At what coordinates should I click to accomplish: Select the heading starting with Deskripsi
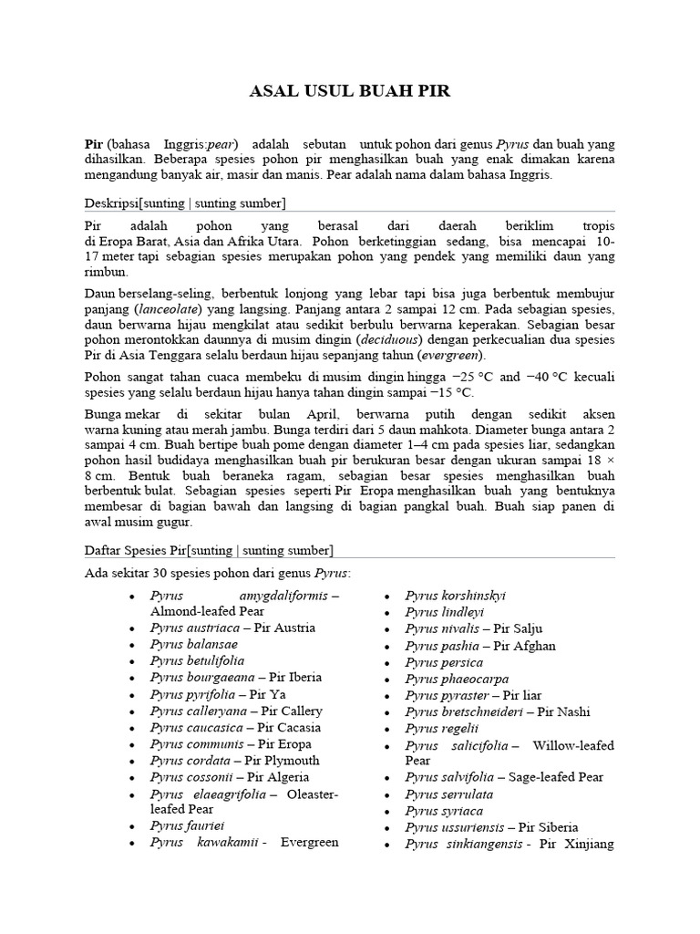point(185,202)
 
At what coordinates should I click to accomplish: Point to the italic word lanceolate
point(170,310)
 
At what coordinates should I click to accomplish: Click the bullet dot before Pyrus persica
point(387,662)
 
